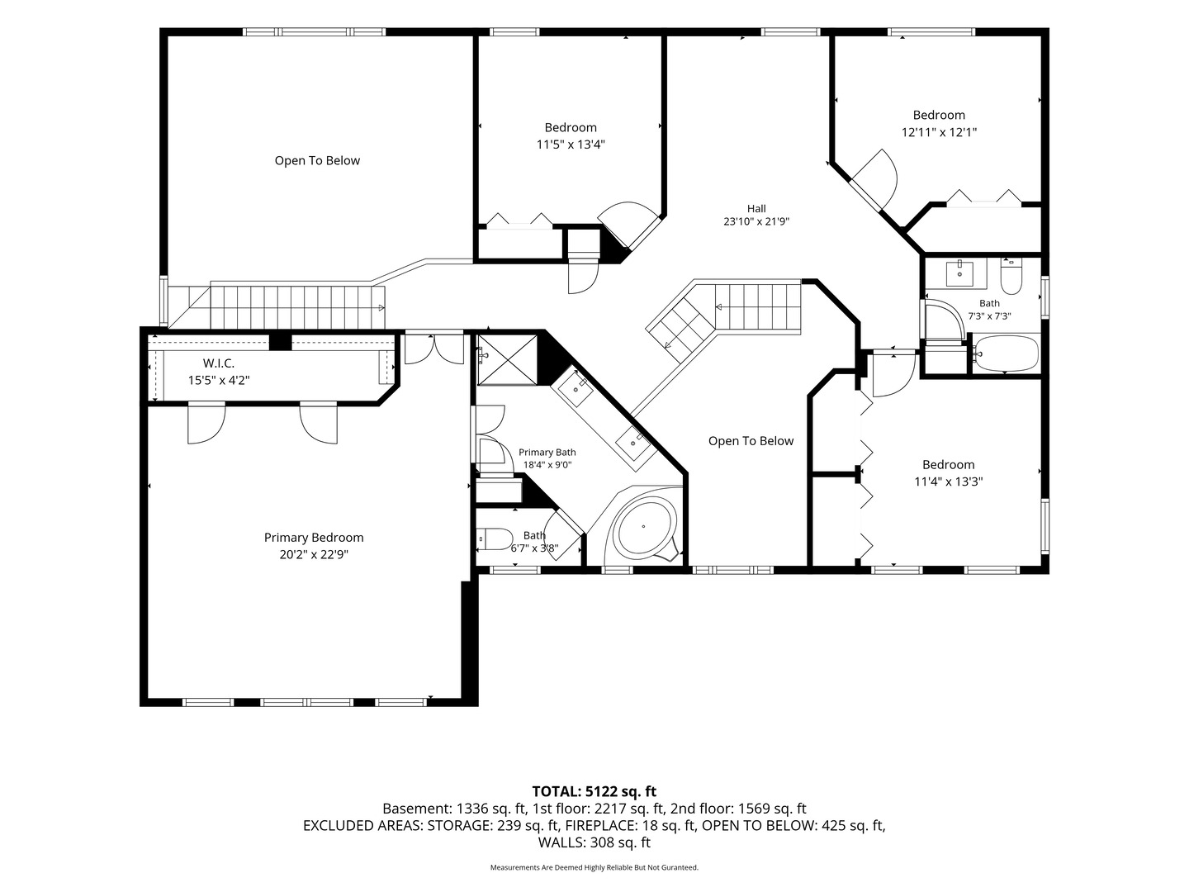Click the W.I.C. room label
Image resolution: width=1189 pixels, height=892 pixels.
218,363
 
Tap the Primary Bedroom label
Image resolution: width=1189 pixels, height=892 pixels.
314,537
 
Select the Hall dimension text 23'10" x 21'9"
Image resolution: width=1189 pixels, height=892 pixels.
756,221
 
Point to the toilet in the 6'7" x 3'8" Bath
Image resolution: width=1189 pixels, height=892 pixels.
495,539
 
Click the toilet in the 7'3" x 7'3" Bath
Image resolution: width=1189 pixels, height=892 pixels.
1011,276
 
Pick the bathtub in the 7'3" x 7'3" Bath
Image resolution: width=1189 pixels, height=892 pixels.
1006,353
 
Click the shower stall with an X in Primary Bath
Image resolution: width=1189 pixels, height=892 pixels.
507,360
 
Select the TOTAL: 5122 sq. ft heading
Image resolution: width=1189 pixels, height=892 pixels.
594,792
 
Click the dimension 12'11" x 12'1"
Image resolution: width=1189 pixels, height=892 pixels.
939,132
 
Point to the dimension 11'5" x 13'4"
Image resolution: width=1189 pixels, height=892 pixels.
571,145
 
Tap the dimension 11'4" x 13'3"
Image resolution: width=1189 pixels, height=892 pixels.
949,482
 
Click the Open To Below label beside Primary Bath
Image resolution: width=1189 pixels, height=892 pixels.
751,441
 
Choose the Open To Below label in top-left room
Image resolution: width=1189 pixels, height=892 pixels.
317,160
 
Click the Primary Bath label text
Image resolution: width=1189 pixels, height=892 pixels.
547,453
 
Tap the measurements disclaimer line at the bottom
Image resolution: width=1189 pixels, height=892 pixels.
594,867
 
